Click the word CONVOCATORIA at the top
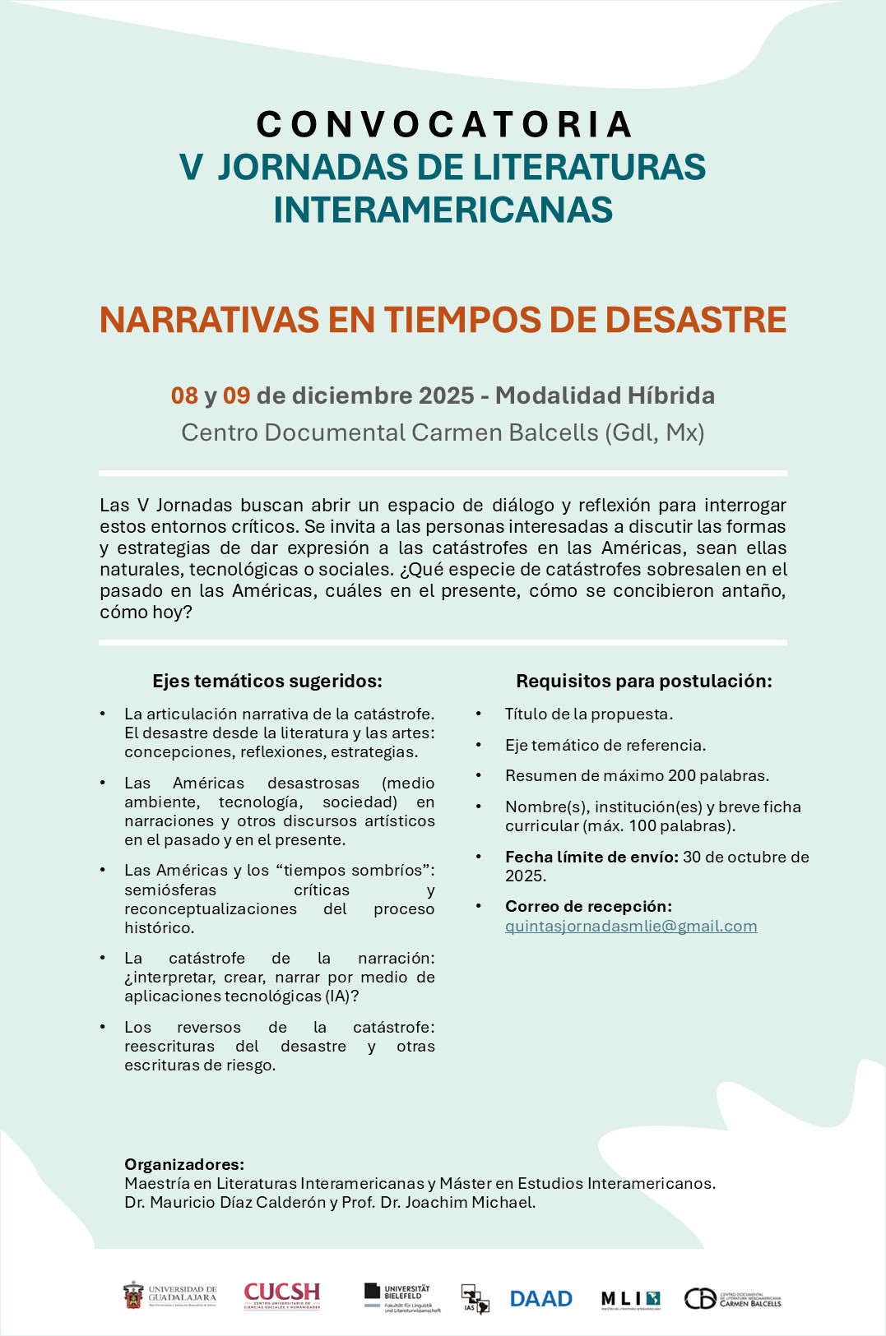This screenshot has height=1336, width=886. click(443, 125)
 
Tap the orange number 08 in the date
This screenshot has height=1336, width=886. click(184, 396)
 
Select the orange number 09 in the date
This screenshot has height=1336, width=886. click(236, 396)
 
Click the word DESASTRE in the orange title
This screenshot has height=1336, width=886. click(696, 321)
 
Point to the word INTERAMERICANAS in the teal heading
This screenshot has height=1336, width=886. click(443, 210)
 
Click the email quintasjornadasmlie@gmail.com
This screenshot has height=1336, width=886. click(631, 927)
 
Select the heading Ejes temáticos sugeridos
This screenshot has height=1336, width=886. click(267, 681)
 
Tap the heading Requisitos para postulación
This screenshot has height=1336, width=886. click(643, 681)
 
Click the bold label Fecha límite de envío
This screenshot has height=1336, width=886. click(591, 857)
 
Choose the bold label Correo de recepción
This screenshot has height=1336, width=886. click(588, 906)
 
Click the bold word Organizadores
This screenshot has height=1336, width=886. click(184, 1164)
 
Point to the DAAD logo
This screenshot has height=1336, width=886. click(540, 1299)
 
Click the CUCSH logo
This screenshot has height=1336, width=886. click(281, 1296)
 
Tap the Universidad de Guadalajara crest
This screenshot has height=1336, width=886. click(133, 1296)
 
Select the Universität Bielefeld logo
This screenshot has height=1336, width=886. click(402, 1298)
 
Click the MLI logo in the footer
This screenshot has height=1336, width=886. click(630, 1299)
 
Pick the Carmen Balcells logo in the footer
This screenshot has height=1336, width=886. click(732, 1299)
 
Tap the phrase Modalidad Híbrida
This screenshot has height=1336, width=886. click(605, 396)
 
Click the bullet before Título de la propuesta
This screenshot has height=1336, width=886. click(479, 714)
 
